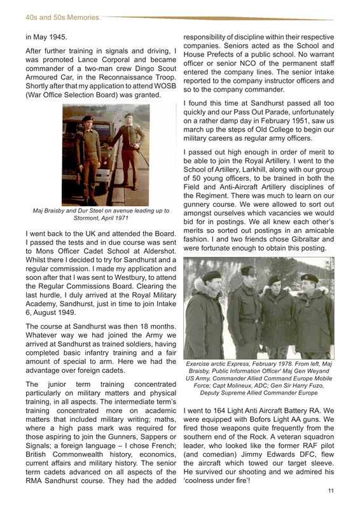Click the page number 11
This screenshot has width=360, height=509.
(331, 491)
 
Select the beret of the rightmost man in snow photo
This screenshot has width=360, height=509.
(311, 278)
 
